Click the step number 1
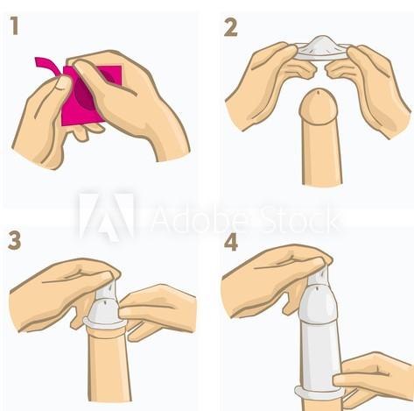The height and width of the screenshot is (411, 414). click(x=15, y=25)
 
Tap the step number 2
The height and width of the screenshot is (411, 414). click(x=231, y=28)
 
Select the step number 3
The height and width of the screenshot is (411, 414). click(x=15, y=240)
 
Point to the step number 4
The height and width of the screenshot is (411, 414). click(x=231, y=242)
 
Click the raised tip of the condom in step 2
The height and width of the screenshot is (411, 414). click(x=322, y=40)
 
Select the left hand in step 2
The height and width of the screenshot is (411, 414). click(x=269, y=85)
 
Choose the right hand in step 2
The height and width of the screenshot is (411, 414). click(x=370, y=88)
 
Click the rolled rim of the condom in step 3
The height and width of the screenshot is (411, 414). click(x=106, y=323)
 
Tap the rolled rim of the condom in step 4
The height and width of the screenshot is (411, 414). click(x=319, y=393)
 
